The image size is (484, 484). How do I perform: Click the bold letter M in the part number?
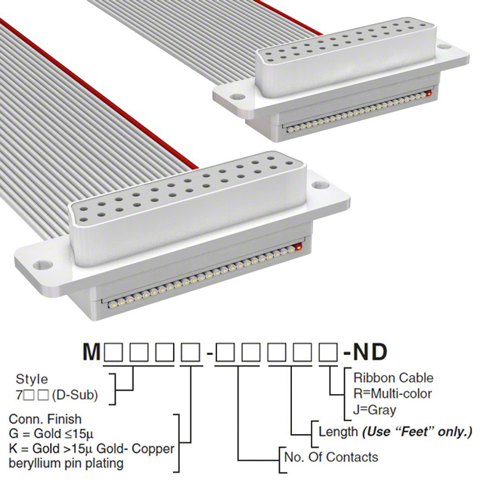tap(92, 352)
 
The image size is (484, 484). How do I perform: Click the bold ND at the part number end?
tap(370, 352)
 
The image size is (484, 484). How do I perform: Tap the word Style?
tap(32, 380)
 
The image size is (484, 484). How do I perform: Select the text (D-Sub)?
tap(75, 395)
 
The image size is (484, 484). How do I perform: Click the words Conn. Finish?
tap(45, 419)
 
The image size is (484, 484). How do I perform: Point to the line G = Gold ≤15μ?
tap(51, 433)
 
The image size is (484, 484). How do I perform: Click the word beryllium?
tap(35, 464)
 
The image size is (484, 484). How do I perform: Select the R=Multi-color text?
tap(392, 393)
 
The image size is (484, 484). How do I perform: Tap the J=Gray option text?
tap(375, 410)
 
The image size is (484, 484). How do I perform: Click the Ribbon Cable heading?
tap(393, 378)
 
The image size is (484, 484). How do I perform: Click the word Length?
tap(338, 432)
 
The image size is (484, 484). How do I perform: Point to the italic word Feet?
tap(416, 431)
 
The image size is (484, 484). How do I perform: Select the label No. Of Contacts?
tap(331, 457)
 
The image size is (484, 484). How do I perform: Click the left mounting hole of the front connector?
tap(43, 265)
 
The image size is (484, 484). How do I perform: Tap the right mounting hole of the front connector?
tap(321, 185)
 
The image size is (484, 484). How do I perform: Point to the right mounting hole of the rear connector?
tap(445, 47)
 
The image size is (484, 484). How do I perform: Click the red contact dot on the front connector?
tap(298, 247)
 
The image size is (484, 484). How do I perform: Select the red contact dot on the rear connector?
tap(429, 93)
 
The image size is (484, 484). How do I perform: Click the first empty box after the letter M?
tap(113, 352)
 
